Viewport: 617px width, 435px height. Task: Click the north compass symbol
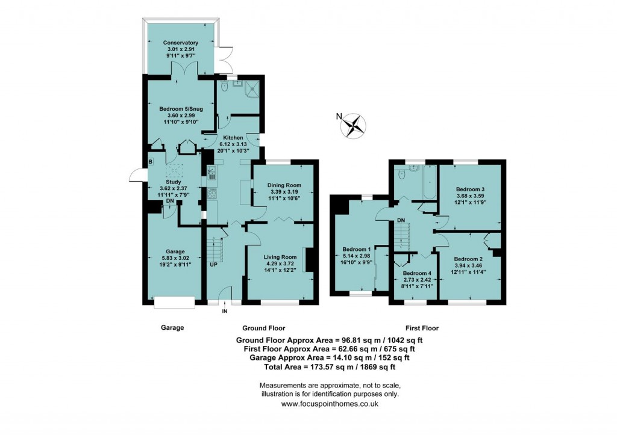[354, 125]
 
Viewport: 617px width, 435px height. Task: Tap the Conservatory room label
[180, 43]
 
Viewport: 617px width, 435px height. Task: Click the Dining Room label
[284, 185]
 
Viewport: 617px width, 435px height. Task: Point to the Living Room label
[280, 258]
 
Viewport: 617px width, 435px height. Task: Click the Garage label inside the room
[175, 251]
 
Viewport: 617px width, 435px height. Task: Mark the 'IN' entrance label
[225, 311]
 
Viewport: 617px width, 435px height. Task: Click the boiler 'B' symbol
[151, 161]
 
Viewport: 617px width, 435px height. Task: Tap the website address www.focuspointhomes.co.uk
[330, 404]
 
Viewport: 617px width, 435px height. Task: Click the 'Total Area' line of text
[330, 366]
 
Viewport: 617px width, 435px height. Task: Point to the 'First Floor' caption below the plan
[422, 329]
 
